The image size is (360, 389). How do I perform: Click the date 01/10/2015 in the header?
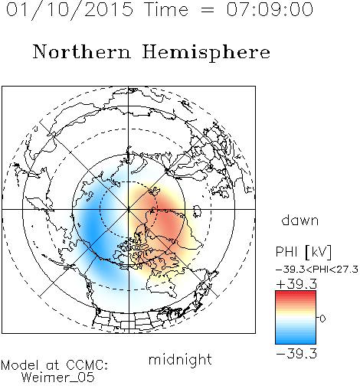click(70, 10)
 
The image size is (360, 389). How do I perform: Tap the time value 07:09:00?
click(270, 10)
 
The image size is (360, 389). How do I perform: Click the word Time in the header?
click(166, 10)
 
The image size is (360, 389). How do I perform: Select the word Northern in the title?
click(82, 52)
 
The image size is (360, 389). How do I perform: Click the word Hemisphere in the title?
click(206, 53)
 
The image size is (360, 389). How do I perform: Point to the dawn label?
click(300, 220)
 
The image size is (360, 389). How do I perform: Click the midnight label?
click(180, 359)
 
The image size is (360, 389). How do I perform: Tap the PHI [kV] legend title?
click(303, 252)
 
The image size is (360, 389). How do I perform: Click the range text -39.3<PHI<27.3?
click(317, 270)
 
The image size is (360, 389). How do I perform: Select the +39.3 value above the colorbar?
click(296, 284)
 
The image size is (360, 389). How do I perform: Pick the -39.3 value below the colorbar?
click(296, 354)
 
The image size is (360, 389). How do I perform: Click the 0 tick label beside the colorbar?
click(322, 319)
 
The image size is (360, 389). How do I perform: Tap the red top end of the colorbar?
click(296, 293)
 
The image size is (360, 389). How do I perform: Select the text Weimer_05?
click(58, 377)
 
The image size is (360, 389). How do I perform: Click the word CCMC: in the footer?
click(87, 365)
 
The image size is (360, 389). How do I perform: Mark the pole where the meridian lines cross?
click(129, 209)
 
